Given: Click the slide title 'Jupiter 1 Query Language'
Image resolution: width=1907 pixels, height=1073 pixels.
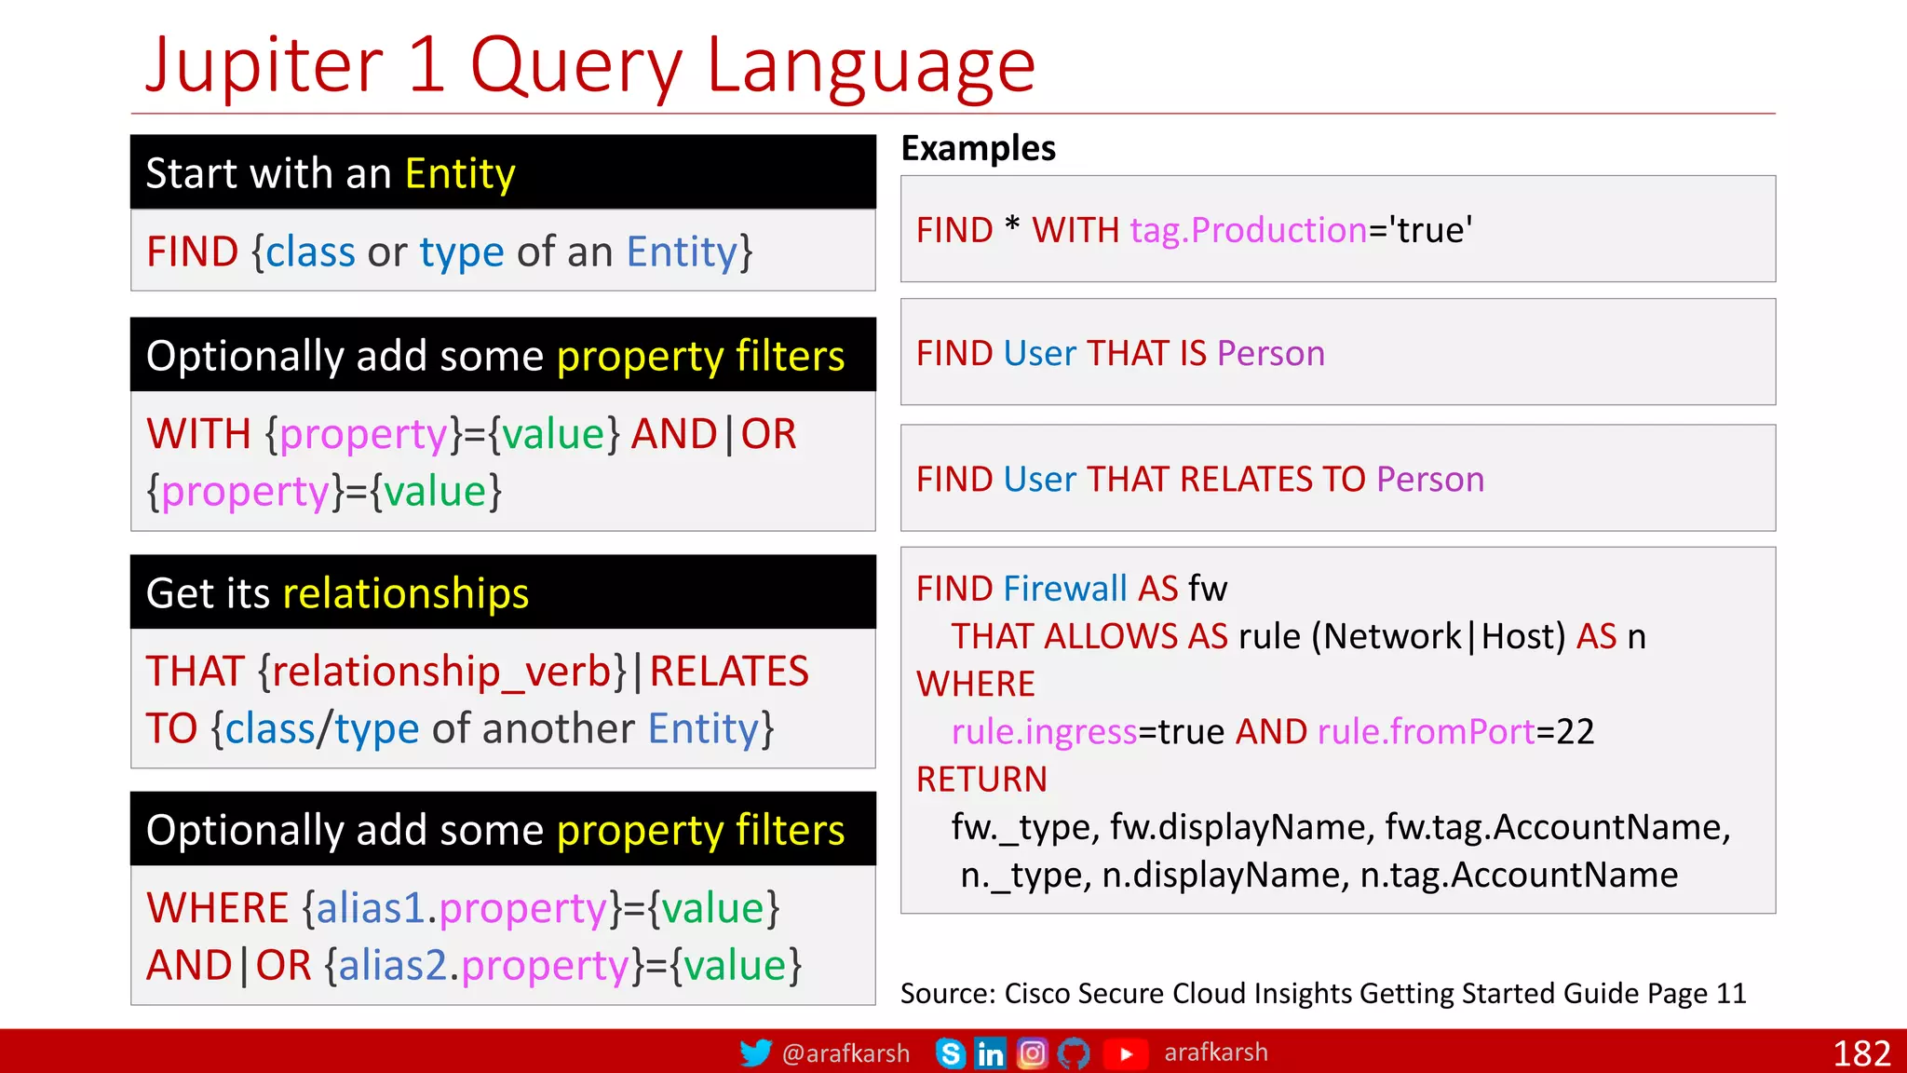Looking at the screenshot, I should pos(590,65).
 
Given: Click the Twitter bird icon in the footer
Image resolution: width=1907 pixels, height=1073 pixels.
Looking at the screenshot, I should pos(755,1053).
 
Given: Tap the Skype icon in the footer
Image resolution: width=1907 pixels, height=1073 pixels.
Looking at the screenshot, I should pos(950,1053).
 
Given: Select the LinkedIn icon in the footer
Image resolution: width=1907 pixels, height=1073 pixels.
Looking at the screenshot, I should pos(990,1053).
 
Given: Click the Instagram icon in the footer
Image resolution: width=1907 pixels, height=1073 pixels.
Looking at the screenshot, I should pos(1032,1053).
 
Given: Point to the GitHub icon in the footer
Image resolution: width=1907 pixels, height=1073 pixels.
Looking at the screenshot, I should pos(1074,1053).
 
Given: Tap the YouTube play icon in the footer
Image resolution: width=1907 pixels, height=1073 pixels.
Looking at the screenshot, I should pos(1126,1053).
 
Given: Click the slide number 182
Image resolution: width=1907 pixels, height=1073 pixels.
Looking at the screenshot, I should pos(1861,1053).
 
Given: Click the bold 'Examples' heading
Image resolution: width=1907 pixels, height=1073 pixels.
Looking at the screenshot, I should pos(978,148).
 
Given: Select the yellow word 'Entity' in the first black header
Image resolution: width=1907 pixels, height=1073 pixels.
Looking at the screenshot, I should pos(460,173).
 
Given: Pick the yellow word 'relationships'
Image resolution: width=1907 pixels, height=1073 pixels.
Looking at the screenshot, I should pos(405,593).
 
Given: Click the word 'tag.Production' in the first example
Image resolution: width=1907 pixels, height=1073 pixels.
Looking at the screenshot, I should pos(1248,230).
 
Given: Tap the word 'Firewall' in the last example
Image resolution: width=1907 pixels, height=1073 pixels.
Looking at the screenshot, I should pos(1065,589).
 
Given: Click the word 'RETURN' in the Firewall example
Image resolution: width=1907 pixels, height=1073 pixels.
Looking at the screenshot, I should pos(981,780).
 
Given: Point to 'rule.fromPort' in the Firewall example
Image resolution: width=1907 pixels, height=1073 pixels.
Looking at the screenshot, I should pos(1426,732).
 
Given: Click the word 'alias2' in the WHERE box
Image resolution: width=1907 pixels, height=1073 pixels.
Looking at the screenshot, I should pos(392,966).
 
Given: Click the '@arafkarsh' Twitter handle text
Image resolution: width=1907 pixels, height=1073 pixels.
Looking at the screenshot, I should pos(845,1053).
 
